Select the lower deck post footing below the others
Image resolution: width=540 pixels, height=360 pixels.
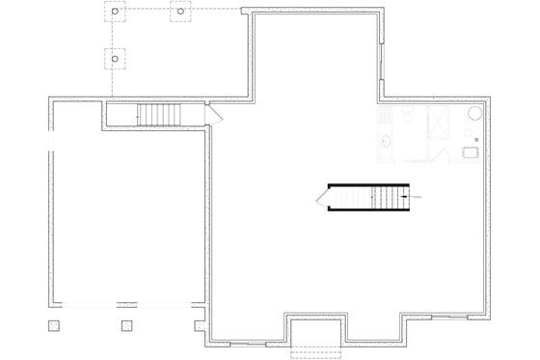coord(115,59)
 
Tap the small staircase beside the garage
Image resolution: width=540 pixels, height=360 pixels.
coord(158,116)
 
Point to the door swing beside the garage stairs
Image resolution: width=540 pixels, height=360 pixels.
coord(214,118)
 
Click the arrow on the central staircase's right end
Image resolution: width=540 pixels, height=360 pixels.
coord(413,197)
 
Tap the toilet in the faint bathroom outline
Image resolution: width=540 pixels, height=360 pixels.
coord(408,117)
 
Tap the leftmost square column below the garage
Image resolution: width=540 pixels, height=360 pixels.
coord(55,324)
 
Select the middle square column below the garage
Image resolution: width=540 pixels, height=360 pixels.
coord(125,324)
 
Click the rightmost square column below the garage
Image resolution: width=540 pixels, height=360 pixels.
coord(196,324)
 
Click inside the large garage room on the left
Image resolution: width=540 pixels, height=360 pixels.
coord(125,212)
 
